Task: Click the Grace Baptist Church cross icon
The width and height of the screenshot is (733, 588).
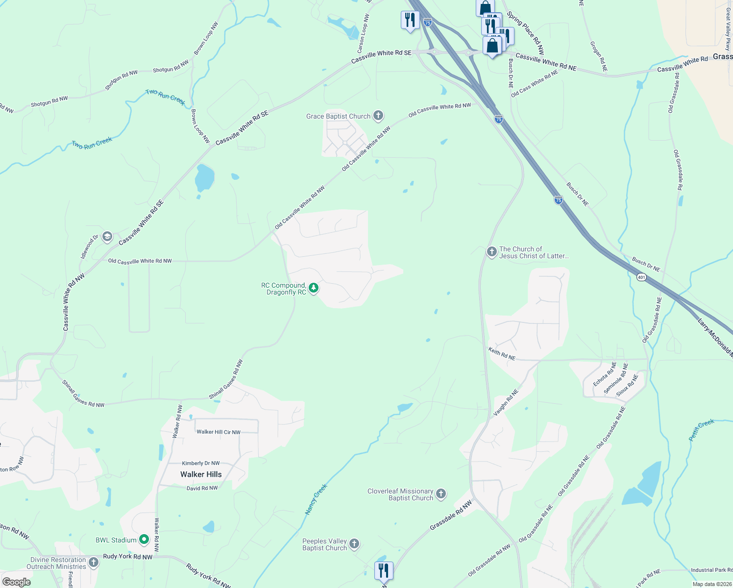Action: point(378,116)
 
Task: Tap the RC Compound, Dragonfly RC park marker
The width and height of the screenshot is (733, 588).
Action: point(314,288)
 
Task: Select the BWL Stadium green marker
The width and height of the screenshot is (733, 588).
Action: point(144,540)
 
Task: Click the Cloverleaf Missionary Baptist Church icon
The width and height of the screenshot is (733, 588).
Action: point(441,494)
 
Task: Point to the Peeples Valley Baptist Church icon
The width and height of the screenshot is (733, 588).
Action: point(354,544)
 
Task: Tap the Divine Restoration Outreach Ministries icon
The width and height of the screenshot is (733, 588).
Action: point(93,563)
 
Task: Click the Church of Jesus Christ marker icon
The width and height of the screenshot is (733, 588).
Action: point(491,252)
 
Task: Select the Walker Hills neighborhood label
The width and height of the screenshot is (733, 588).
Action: point(201,474)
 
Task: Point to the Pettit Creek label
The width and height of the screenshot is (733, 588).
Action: point(702,430)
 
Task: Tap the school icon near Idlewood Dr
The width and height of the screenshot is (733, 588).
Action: point(107,237)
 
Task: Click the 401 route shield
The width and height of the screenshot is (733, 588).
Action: point(642,277)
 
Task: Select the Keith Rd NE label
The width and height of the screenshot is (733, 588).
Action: point(502,354)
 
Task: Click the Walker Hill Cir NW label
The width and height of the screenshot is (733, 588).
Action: point(219,432)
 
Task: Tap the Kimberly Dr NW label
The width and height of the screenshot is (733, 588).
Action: point(201,463)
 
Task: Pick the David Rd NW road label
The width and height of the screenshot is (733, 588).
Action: point(202,489)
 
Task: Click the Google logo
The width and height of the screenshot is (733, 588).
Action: point(17,582)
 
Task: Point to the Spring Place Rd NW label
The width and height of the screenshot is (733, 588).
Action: point(526,33)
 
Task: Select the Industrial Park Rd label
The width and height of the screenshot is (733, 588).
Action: point(711,570)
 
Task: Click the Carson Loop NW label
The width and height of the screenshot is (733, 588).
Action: point(363,33)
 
